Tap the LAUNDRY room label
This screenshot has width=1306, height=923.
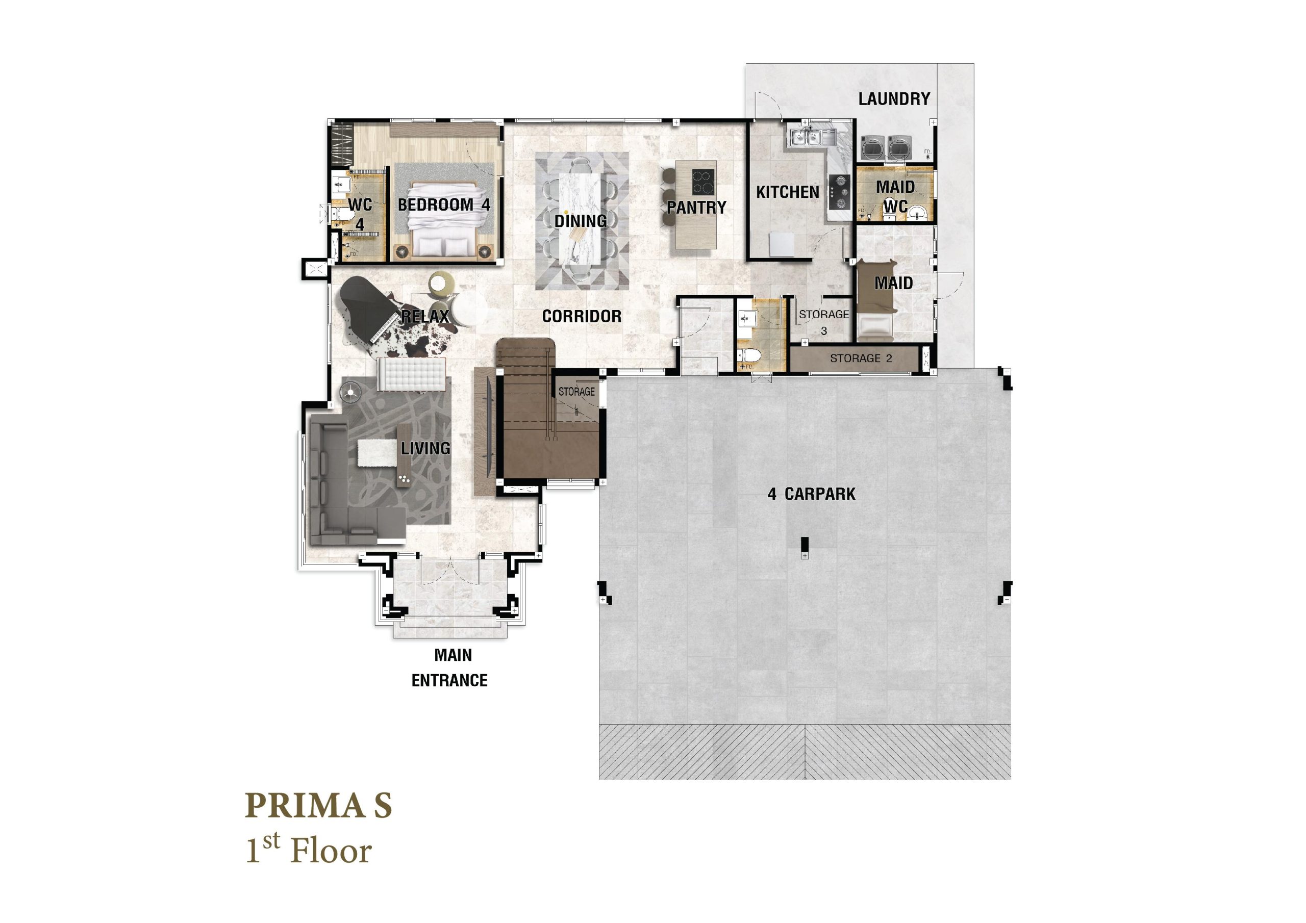coord(894,99)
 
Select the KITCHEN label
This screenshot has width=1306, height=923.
coord(787,192)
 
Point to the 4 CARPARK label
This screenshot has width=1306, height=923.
coord(811,494)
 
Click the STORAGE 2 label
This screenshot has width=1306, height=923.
coord(861,358)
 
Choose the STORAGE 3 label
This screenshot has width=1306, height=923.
coord(823,322)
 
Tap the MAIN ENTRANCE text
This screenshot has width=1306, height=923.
coord(450,668)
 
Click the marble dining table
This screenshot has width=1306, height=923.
coord(581,219)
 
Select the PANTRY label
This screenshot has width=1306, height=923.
coord(697,208)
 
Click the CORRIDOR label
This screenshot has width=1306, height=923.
coord(582,316)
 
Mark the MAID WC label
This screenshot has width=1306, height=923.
coord(895,196)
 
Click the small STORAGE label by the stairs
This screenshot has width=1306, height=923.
coord(576,392)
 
